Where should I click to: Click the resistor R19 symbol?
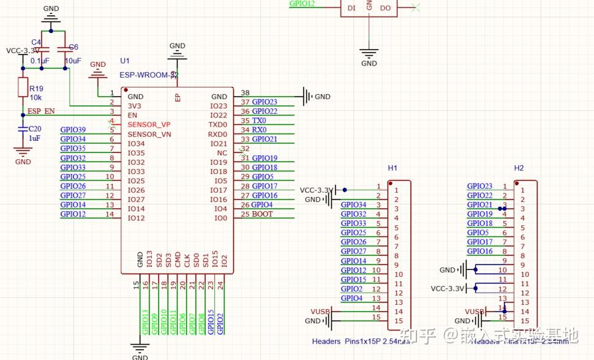point(23,87)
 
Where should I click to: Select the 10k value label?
point(36,98)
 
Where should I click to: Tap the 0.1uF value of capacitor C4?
point(40,61)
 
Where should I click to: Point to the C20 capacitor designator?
point(35,129)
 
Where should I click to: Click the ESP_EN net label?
point(41,111)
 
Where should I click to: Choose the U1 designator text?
point(125,61)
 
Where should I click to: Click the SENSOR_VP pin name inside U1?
point(149,124)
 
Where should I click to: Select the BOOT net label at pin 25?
point(262,214)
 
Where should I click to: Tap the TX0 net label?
point(259,121)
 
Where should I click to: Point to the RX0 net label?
point(259,130)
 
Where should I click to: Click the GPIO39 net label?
point(73,130)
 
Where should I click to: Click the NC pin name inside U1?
point(222,152)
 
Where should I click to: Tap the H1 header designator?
point(393,168)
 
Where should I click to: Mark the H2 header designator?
point(519,168)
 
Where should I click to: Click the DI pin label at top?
point(351,8)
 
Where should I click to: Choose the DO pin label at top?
point(385,8)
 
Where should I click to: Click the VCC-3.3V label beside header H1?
point(315,190)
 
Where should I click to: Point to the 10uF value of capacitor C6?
point(73,61)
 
